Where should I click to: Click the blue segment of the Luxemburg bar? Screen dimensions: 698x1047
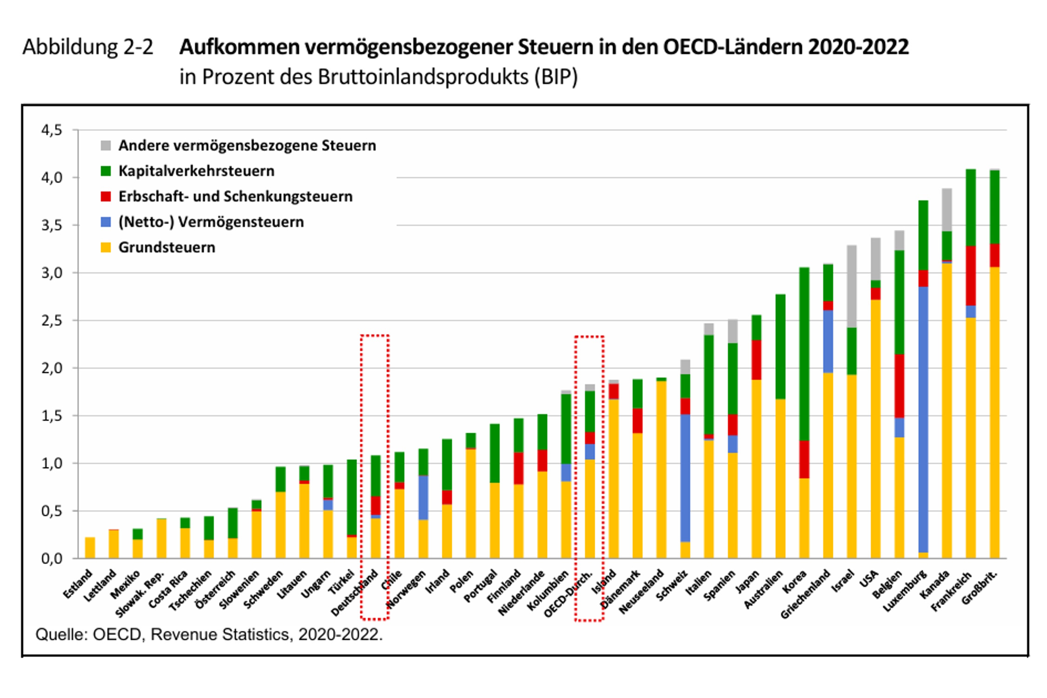click(x=923, y=419)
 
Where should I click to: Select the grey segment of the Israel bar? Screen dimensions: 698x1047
click(x=852, y=286)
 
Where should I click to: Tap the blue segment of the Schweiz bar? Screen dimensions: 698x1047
click(x=685, y=478)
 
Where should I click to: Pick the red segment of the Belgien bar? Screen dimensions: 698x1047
click(x=899, y=386)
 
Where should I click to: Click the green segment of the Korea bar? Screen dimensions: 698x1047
click(x=804, y=354)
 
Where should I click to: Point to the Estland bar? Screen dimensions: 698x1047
click(x=90, y=548)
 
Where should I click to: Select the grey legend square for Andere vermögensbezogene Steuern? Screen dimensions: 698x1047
click(x=106, y=146)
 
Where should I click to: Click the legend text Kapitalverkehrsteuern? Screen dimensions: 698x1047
click(x=196, y=171)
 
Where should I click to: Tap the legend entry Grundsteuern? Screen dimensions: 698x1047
click(x=167, y=247)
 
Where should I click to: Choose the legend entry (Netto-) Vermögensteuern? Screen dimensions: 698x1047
click(x=211, y=222)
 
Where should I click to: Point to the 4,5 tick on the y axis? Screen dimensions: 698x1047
click(x=52, y=130)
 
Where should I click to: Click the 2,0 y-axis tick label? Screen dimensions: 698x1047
click(x=52, y=368)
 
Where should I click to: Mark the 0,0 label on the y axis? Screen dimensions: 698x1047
click(x=52, y=558)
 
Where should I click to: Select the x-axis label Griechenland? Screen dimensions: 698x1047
click(x=805, y=594)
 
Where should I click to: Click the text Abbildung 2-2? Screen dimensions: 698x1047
click(x=87, y=47)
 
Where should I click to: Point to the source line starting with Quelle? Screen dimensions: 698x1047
click(x=209, y=634)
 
